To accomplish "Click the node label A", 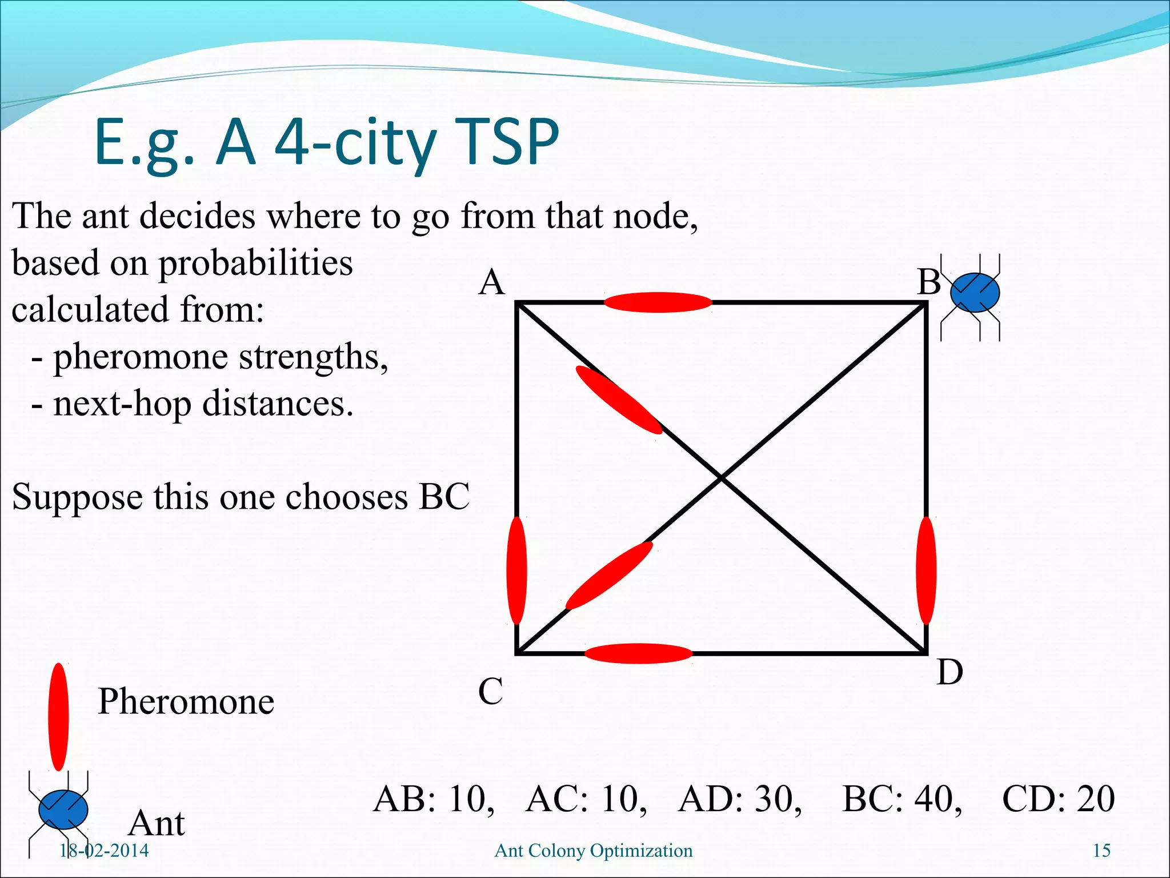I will pyautogui.click(x=492, y=283).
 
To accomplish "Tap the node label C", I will pyautogui.click(x=490, y=691).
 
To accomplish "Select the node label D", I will pyautogui.click(x=949, y=672).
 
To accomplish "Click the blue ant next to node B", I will pyautogui.click(x=975, y=293).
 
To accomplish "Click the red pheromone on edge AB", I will pyautogui.click(x=658, y=302).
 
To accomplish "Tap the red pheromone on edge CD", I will pyautogui.click(x=638, y=653).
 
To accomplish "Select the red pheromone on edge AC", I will pyautogui.click(x=516, y=570).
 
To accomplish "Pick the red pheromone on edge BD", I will pyautogui.click(x=925, y=570).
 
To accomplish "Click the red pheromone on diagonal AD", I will pyautogui.click(x=618, y=400).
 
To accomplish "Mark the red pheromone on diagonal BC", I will pyautogui.click(x=609, y=576).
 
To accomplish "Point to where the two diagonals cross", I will pyautogui.click(x=722, y=477).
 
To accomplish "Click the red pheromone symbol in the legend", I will pyautogui.click(x=58, y=717).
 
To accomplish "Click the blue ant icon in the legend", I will pyautogui.click(x=63, y=809).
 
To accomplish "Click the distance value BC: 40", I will pyautogui.click(x=901, y=799).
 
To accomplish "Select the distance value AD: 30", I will pyautogui.click(x=740, y=799).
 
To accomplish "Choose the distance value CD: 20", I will pyautogui.click(x=1058, y=799).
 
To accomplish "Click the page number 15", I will pyautogui.click(x=1101, y=851).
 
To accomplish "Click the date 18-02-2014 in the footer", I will pyautogui.click(x=104, y=851).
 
